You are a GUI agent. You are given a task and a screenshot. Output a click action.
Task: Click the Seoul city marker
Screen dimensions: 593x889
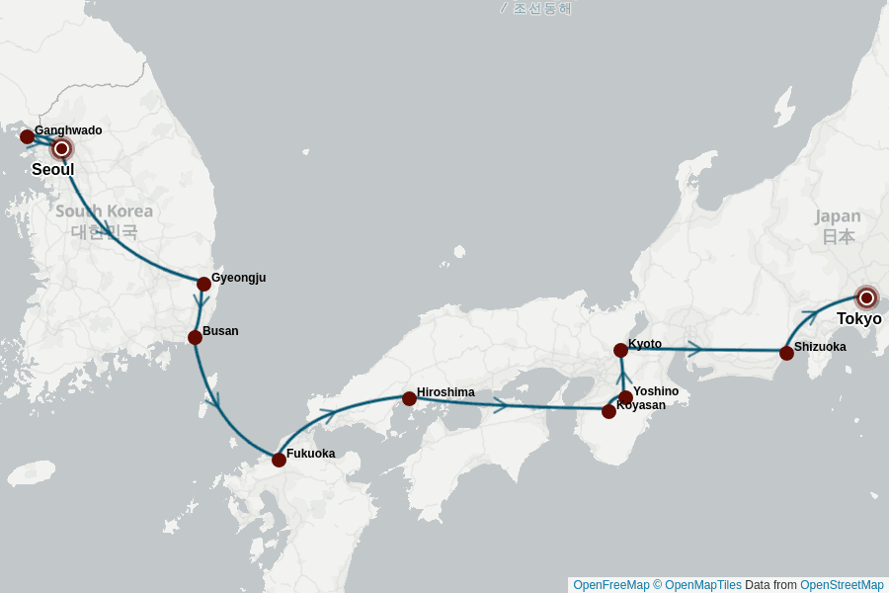pyautogui.click(x=61, y=148)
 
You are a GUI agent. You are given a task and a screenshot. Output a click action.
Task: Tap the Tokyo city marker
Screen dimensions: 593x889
pyautogui.click(x=866, y=297)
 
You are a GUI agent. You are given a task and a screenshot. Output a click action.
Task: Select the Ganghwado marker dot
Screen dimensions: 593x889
pyautogui.click(x=27, y=136)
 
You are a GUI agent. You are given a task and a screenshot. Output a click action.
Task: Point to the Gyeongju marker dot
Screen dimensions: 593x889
pyautogui.click(x=203, y=284)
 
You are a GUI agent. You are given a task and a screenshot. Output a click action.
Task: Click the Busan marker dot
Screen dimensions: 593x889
pyautogui.click(x=195, y=337)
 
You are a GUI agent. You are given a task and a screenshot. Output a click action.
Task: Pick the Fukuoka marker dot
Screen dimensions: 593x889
pyautogui.click(x=279, y=460)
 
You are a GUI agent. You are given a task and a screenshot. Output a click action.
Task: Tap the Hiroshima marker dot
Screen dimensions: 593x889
pyautogui.click(x=409, y=398)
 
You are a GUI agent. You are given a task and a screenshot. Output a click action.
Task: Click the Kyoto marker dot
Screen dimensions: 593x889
pyautogui.click(x=620, y=350)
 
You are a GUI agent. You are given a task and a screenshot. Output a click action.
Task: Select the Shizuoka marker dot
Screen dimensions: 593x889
pyautogui.click(x=786, y=353)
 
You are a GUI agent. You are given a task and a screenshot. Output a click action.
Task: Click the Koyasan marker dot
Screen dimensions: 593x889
pyautogui.click(x=608, y=411)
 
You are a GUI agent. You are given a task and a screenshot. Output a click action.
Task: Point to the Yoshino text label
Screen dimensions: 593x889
pyautogui.click(x=656, y=391)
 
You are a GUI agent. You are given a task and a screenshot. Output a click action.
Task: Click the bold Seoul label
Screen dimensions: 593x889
pyautogui.click(x=52, y=170)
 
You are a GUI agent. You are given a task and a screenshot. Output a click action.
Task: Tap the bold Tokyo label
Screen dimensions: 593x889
pyautogui.click(x=858, y=319)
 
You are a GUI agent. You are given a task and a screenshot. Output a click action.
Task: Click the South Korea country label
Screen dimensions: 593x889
pyautogui.click(x=104, y=212)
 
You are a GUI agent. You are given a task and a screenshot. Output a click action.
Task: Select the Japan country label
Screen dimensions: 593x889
pyautogui.click(x=838, y=216)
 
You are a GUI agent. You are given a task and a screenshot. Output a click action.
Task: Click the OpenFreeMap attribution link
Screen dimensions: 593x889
pyautogui.click(x=610, y=585)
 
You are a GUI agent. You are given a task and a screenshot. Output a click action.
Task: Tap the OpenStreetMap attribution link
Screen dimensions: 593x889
pyautogui.click(x=842, y=585)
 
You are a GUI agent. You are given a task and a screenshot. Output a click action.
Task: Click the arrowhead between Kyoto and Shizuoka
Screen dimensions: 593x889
pyautogui.click(x=695, y=349)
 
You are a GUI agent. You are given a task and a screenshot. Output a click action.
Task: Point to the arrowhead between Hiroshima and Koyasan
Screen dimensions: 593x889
pyautogui.click(x=501, y=404)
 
